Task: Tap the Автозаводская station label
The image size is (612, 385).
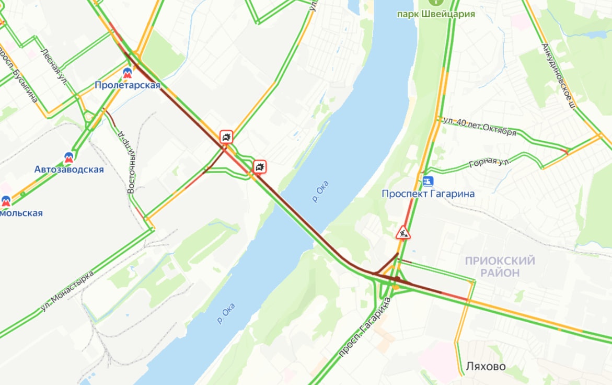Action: pos(69,169)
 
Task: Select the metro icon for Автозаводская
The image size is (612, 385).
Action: pos(69,157)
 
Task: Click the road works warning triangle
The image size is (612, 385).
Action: pos(402,232)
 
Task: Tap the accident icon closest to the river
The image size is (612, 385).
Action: pos(260,167)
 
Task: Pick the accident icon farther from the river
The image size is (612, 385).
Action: pos(226,138)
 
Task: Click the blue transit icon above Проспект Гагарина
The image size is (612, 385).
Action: pos(428,181)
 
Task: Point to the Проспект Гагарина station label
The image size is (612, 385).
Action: pos(428,194)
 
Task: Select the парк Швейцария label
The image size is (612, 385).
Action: pos(436,14)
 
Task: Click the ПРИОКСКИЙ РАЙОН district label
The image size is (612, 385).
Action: pos(500,266)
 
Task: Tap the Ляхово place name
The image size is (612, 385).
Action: pos(486,367)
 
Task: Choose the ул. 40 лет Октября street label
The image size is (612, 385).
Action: pos(479,126)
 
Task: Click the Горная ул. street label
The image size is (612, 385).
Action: pos(490,162)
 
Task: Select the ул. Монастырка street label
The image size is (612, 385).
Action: pos(67,291)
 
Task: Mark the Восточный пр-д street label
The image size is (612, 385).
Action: pos(126,162)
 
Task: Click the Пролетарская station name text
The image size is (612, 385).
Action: pos(128,85)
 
